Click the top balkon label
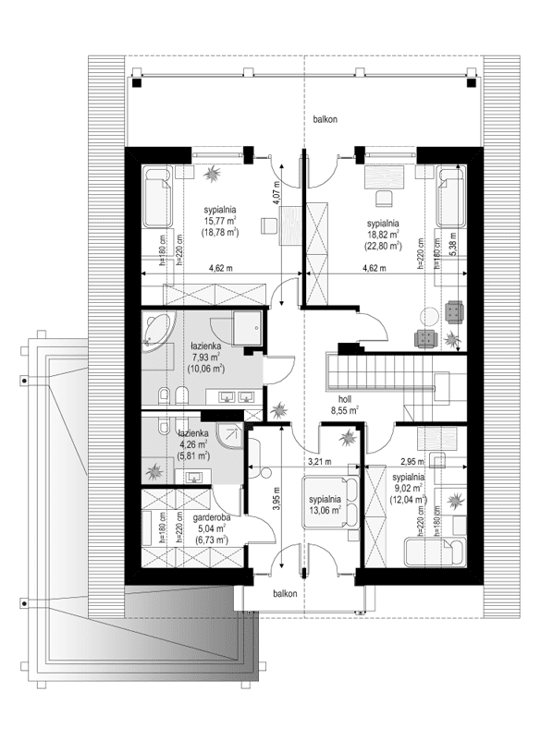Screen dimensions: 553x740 click(325, 119)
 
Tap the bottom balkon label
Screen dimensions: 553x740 click(285, 594)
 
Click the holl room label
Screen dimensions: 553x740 click(344, 400)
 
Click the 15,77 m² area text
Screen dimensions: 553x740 click(220, 221)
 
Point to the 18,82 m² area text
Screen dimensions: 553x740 click(383, 234)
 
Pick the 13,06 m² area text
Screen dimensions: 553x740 click(325, 510)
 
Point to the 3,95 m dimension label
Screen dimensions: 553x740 click(277, 499)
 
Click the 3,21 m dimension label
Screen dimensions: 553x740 click(320, 462)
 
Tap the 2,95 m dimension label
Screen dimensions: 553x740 click(412, 462)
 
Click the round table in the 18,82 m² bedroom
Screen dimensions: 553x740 click(430, 317)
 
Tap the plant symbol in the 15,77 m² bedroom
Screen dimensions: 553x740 click(212, 173)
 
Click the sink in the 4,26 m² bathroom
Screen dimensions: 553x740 click(194, 477)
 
